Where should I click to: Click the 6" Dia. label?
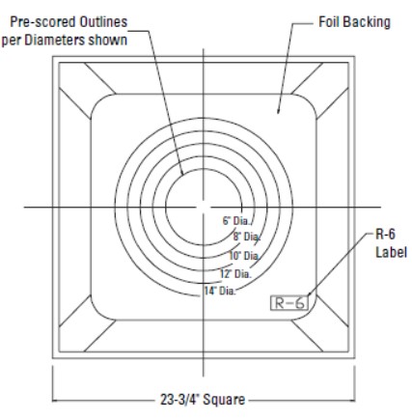click(x=234, y=221)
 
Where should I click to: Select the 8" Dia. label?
click(x=244, y=237)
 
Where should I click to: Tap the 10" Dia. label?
click(x=243, y=256)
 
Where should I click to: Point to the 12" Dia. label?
click(x=236, y=274)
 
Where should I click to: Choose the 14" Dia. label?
click(x=219, y=291)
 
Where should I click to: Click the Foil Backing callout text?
click(x=354, y=22)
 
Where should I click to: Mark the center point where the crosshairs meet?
click(x=203, y=206)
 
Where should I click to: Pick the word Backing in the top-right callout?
click(x=367, y=22)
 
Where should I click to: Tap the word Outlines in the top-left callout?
click(x=98, y=21)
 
